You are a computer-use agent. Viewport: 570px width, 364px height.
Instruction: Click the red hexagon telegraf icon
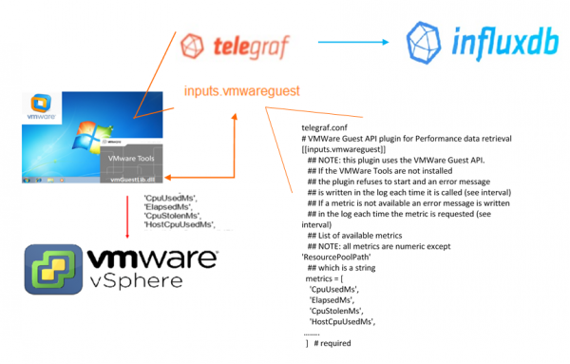coord(196,45)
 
